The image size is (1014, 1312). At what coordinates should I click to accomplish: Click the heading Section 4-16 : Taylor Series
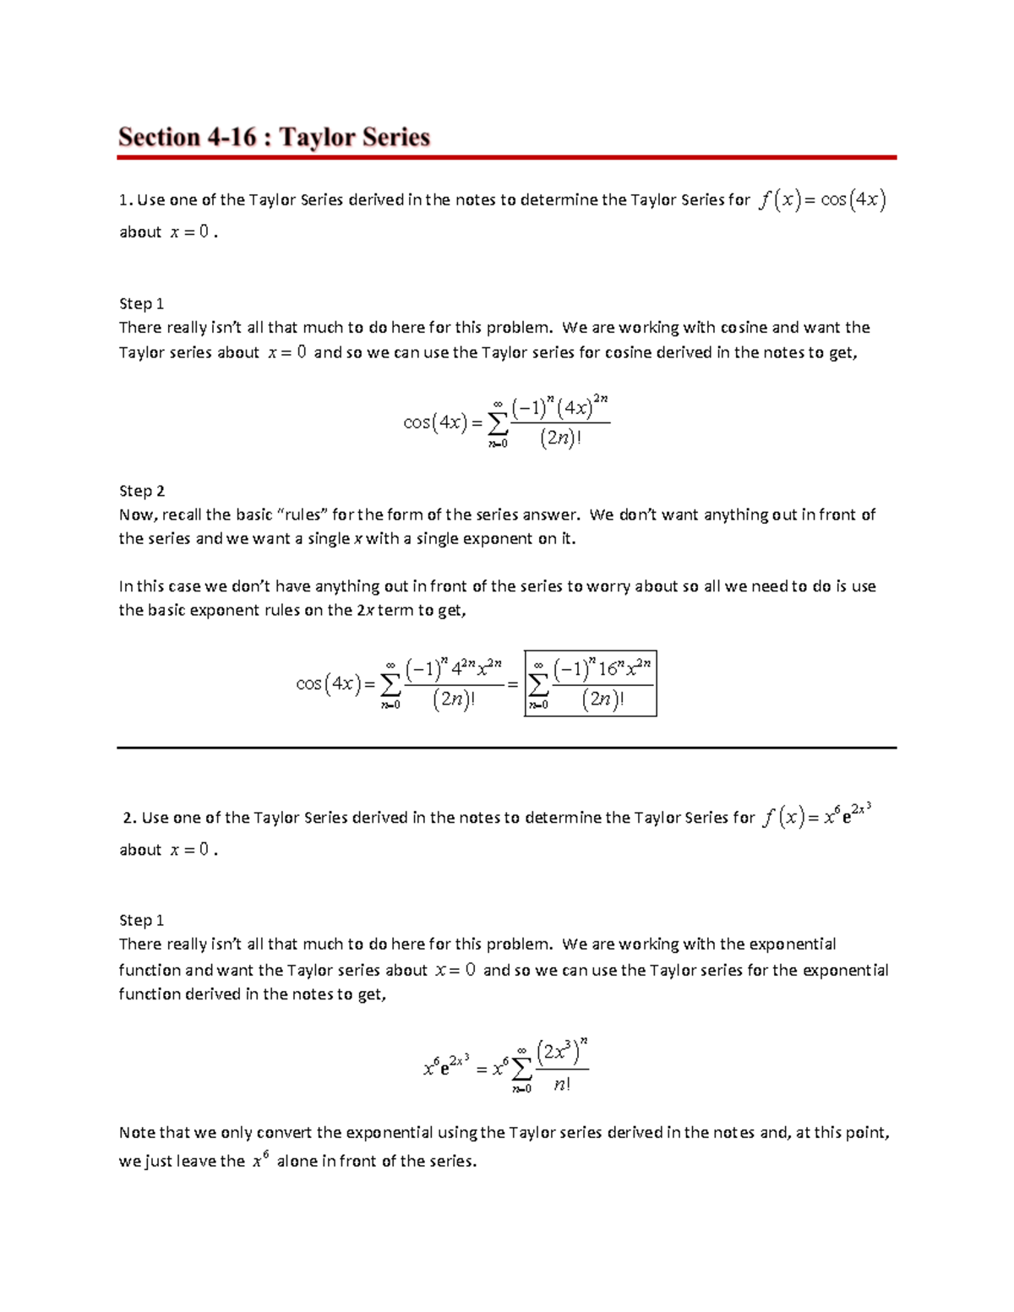click(274, 137)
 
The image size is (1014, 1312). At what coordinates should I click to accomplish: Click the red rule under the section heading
click(506, 157)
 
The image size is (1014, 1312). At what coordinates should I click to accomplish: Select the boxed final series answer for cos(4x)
click(590, 683)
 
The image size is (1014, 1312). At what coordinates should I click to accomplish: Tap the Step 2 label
click(141, 491)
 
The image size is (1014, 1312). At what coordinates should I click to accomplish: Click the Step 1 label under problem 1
click(141, 303)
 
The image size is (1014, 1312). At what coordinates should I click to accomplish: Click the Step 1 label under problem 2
click(141, 920)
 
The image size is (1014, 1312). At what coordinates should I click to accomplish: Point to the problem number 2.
click(128, 818)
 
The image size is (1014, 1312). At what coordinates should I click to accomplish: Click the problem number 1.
click(124, 200)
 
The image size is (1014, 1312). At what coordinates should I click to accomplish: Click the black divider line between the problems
click(506, 748)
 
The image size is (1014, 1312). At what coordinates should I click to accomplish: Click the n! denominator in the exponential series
click(562, 1085)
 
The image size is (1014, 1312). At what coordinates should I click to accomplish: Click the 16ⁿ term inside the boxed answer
click(608, 669)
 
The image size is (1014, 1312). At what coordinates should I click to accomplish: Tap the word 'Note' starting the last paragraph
click(137, 1132)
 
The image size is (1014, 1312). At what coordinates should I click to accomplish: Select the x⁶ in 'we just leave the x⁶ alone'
click(260, 1160)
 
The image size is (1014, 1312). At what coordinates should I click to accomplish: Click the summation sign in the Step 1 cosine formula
click(498, 422)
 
